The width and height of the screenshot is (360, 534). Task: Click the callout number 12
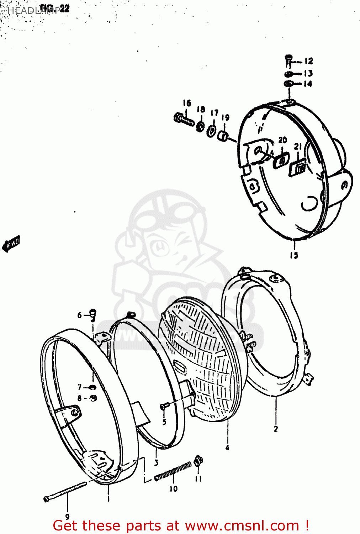[x=308, y=61]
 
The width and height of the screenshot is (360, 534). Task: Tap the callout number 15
[x=294, y=255]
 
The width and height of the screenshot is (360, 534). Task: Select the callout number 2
[x=276, y=429]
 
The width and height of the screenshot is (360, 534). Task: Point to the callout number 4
[x=227, y=447]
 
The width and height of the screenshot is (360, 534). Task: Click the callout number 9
[x=67, y=517]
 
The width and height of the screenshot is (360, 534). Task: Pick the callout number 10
[x=173, y=489]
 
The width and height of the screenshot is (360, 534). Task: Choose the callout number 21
[x=298, y=146]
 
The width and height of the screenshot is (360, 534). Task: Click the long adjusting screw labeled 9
[x=66, y=491]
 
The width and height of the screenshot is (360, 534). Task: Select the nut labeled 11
[x=198, y=461]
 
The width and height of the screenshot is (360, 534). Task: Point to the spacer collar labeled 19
[x=223, y=136]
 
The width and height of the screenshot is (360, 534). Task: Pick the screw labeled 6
[x=93, y=314]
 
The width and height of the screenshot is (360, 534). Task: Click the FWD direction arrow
[x=11, y=244]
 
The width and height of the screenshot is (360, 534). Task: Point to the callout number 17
[x=215, y=113]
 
